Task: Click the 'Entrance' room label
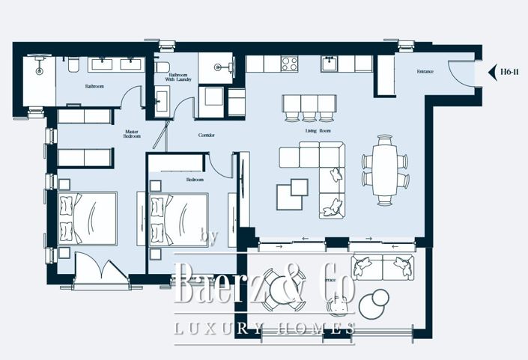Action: point(425,72)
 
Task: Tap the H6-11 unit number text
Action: point(511,72)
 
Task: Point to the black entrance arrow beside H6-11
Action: point(492,72)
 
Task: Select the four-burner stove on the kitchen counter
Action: point(289,64)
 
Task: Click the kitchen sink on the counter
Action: point(330,64)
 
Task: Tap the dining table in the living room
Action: point(385,170)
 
